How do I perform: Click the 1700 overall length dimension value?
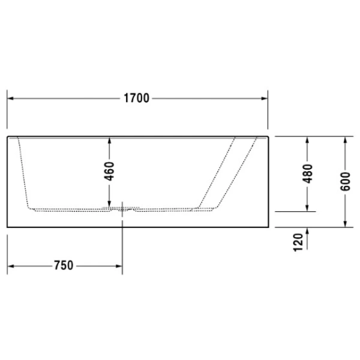137,98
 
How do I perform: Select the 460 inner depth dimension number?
109,172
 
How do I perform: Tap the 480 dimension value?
307,173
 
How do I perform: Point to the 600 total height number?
345,181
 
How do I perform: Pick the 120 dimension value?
298,242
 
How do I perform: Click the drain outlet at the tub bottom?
123,209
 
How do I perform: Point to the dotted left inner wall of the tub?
23,174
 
